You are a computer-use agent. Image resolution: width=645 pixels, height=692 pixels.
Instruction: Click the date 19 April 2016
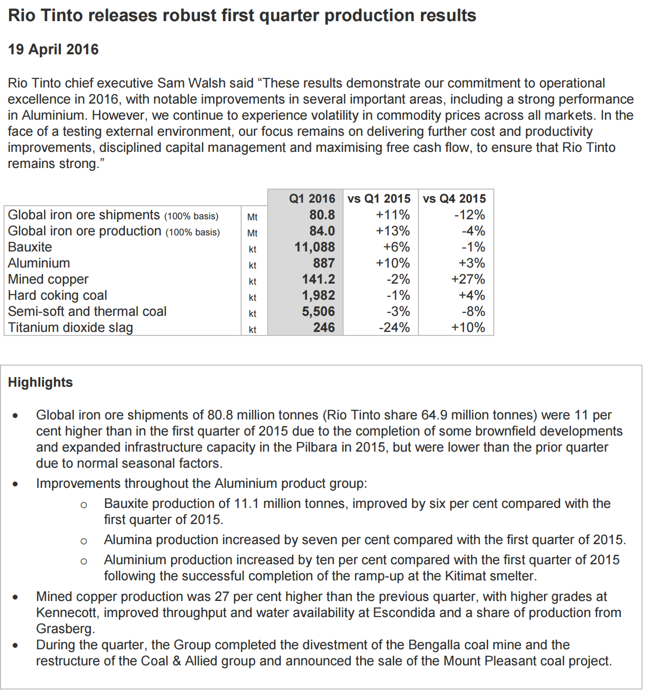point(53,49)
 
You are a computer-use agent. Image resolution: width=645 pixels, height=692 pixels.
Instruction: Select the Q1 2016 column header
point(311,199)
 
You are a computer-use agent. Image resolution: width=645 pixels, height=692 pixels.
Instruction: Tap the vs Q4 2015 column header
point(454,199)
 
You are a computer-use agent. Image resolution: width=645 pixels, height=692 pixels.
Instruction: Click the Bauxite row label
point(30,247)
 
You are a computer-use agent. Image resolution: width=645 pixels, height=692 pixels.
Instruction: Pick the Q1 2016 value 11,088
point(314,247)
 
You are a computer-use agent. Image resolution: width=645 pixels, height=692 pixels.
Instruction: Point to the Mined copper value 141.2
point(318,279)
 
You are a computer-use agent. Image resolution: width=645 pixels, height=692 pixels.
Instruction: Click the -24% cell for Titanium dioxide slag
point(394,327)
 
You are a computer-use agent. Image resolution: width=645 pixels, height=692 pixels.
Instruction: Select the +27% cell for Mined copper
point(468,279)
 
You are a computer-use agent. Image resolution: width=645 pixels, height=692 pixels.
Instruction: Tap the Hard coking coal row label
point(57,295)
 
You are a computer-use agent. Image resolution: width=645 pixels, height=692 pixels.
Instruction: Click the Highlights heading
point(40,382)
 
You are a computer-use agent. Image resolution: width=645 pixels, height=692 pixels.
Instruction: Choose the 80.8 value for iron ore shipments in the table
point(321,215)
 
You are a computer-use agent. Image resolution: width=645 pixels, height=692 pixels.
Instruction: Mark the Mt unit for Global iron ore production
point(252,233)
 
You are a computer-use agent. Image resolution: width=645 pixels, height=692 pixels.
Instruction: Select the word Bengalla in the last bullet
point(435,645)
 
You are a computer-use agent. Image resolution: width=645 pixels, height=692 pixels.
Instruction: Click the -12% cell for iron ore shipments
point(469,215)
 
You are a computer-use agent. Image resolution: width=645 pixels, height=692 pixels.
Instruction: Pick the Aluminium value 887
point(324,263)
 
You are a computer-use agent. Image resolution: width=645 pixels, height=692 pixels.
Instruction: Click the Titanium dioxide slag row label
point(70,327)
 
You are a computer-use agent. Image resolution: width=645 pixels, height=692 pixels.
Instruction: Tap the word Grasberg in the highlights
point(64,629)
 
